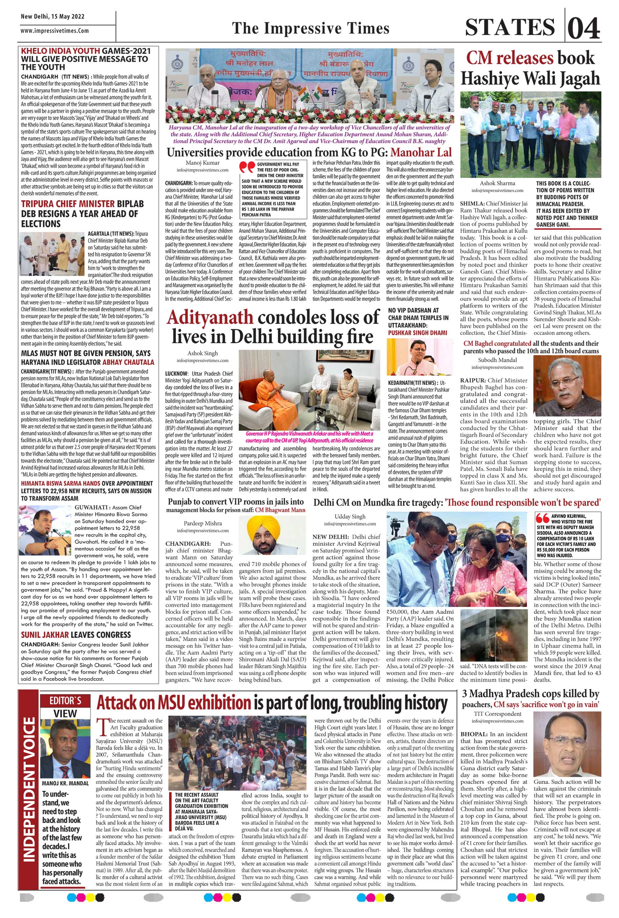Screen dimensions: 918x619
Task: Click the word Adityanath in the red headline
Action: tap(210, 318)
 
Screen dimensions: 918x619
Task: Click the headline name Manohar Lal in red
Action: tap(421, 152)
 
